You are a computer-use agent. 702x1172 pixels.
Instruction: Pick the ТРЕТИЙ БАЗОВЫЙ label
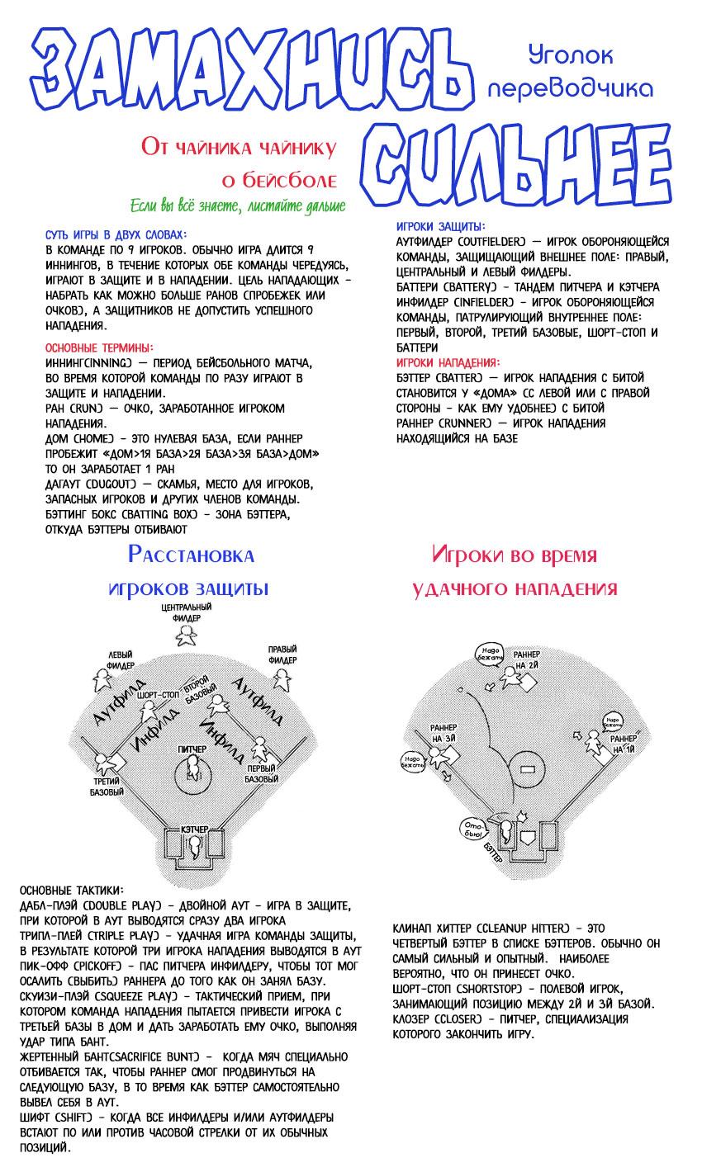(107, 786)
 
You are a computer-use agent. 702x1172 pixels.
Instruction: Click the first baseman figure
(259, 749)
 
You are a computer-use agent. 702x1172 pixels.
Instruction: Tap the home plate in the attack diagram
(527, 837)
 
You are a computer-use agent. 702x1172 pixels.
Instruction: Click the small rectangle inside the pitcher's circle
(529, 769)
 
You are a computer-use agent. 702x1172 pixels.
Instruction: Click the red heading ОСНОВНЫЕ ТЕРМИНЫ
(99, 348)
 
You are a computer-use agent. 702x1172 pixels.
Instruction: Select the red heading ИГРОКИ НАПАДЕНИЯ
(447, 362)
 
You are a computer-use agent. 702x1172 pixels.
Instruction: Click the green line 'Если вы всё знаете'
(237, 206)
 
